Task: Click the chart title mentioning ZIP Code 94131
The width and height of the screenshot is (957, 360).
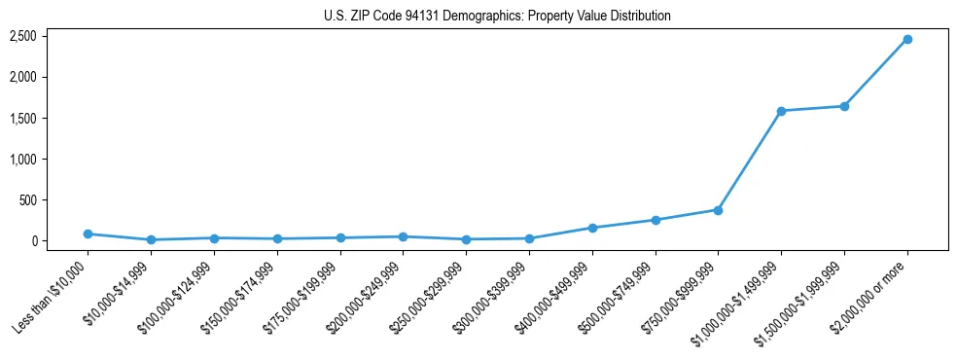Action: click(497, 17)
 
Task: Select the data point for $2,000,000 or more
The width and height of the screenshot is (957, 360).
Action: click(907, 39)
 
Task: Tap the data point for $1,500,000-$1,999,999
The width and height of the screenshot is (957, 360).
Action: click(844, 106)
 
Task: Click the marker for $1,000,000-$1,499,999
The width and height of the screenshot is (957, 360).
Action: click(781, 111)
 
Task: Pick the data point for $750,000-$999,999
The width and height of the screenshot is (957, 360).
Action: click(718, 210)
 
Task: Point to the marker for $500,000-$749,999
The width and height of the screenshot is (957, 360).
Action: click(656, 220)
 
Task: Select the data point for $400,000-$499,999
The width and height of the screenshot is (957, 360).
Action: click(592, 228)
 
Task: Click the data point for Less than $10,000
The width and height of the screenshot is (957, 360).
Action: click(88, 234)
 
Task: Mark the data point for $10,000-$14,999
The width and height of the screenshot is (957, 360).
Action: click(151, 239)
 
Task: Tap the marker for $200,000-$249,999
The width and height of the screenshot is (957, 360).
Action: click(403, 236)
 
